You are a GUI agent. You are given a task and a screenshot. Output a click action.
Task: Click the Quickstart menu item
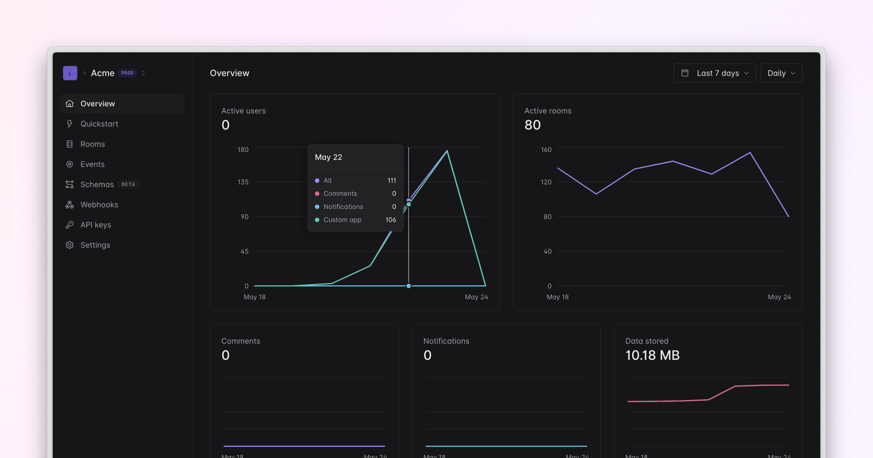(x=99, y=124)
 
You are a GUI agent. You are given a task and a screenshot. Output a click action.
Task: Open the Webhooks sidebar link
(x=99, y=205)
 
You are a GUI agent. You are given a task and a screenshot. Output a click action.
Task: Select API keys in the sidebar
(x=96, y=225)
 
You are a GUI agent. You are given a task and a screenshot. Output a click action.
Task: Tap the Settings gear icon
(x=69, y=245)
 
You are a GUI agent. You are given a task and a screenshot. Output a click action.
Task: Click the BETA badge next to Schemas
(x=128, y=185)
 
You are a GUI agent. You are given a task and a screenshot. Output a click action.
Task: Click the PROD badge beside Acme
(x=127, y=73)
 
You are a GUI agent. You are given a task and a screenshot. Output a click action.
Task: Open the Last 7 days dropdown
(x=714, y=73)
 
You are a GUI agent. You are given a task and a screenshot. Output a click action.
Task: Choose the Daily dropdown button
(x=781, y=73)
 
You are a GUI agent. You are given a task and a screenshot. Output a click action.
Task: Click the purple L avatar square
(x=70, y=73)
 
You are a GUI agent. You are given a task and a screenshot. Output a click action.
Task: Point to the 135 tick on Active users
(x=243, y=182)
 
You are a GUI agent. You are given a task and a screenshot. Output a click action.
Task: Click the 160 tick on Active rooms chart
(x=546, y=150)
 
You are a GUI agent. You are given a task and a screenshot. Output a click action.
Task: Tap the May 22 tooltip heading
(x=328, y=157)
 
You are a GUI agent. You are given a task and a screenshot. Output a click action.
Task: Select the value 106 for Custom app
(x=391, y=220)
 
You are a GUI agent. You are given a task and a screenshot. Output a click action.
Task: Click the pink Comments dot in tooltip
(x=317, y=194)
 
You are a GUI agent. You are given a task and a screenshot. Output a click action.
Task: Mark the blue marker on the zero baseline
(x=408, y=286)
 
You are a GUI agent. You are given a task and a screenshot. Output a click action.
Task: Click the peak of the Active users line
(x=447, y=151)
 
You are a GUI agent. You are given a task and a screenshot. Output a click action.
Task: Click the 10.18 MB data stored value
(x=652, y=355)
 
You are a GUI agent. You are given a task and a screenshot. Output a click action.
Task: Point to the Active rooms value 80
(x=533, y=125)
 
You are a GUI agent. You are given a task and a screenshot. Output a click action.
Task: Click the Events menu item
(x=92, y=164)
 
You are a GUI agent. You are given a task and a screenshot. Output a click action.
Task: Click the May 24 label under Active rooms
(x=779, y=297)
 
